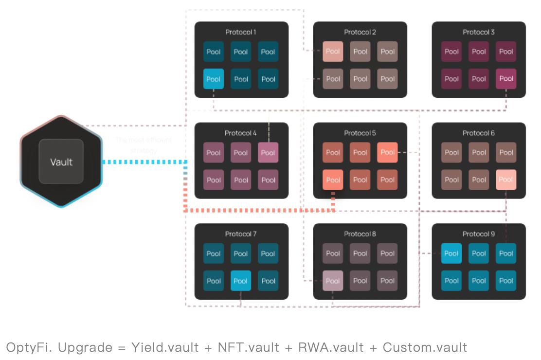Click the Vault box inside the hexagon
[61, 162]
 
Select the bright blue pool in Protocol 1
[213, 79]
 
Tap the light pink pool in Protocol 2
[333, 52]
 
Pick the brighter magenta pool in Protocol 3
[506, 79]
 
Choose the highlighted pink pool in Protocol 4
[268, 153]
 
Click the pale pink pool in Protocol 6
[506, 180]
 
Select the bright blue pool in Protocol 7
[241, 281]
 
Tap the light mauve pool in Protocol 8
[333, 281]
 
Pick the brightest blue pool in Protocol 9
[451, 253]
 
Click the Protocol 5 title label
[360, 133]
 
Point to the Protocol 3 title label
[479, 32]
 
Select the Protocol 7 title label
[241, 234]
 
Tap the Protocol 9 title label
[479, 234]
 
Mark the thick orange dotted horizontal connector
[258, 211]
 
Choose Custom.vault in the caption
[425, 347]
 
